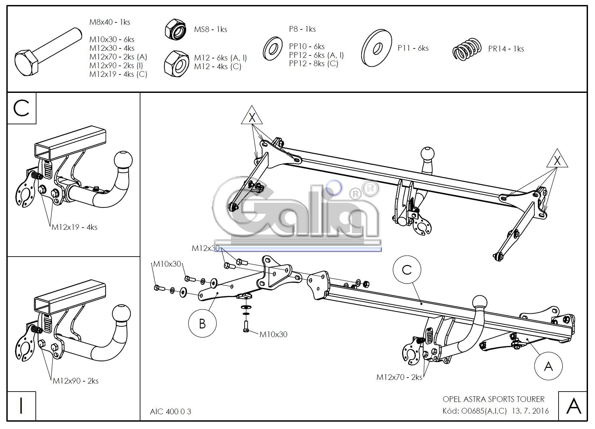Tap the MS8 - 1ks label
click(x=211, y=29)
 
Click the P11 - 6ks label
click(x=413, y=48)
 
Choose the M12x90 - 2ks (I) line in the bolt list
click(x=116, y=65)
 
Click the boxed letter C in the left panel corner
click(x=22, y=109)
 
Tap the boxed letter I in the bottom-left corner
click(x=21, y=406)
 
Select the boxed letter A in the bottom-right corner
click(x=573, y=406)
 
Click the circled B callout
click(x=202, y=323)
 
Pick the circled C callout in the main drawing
click(x=407, y=270)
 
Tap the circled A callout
click(x=548, y=367)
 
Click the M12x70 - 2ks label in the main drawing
click(x=399, y=377)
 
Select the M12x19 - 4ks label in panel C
click(x=74, y=227)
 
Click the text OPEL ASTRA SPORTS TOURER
click(x=493, y=399)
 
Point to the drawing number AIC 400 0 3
click(x=170, y=411)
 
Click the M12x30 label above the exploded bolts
click(x=205, y=248)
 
